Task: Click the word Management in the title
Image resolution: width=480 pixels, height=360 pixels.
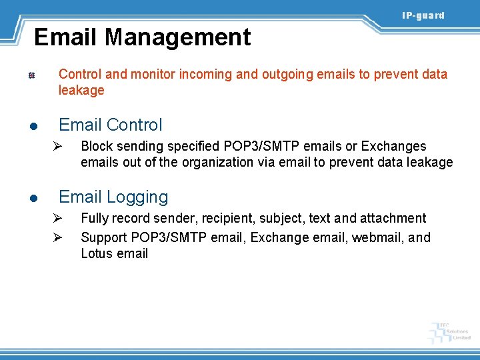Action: tap(178, 37)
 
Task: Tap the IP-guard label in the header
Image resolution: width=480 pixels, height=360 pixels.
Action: tap(423, 15)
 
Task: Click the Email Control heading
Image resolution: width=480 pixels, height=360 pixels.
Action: tap(111, 125)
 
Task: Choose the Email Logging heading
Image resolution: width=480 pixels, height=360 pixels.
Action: tap(113, 197)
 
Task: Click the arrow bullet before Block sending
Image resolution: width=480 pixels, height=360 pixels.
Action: tap(57, 146)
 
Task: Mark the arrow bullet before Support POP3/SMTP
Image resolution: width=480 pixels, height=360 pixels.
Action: tap(57, 237)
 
